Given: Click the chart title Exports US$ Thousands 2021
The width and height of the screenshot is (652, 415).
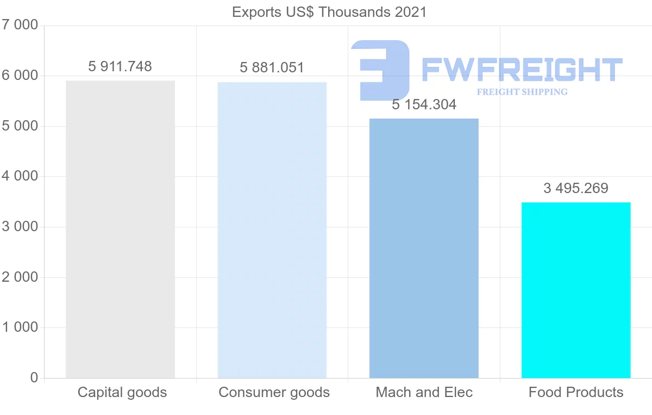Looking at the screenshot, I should [329, 12].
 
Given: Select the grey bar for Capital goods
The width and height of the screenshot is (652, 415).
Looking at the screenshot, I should [120, 229].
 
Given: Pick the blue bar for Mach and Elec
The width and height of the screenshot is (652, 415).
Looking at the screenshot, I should [424, 248].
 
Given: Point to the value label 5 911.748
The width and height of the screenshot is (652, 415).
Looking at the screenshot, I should [120, 66].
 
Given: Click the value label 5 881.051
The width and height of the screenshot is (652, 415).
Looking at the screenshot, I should [272, 67].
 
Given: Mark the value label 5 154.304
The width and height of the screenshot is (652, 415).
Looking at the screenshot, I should [424, 104].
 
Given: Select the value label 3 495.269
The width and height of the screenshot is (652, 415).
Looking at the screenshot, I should [576, 188].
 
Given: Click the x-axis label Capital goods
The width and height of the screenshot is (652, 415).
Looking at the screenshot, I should [122, 392].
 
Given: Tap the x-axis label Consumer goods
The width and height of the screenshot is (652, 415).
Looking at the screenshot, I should [274, 392].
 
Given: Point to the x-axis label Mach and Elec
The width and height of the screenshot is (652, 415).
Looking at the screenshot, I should [424, 392].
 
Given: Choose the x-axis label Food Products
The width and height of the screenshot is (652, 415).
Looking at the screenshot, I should [576, 392].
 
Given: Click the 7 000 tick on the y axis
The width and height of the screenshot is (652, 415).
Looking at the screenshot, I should [20, 25].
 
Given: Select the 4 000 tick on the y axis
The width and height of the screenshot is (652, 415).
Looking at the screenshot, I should [20, 176].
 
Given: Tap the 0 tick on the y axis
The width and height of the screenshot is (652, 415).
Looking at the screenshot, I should [34, 377].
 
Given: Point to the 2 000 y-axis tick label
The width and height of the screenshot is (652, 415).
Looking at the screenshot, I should [20, 277].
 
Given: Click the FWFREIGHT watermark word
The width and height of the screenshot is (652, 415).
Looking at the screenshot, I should [522, 70].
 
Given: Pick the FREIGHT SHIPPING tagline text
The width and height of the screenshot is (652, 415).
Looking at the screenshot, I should [522, 92].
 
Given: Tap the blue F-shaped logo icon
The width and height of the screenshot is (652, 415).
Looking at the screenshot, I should [381, 70].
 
